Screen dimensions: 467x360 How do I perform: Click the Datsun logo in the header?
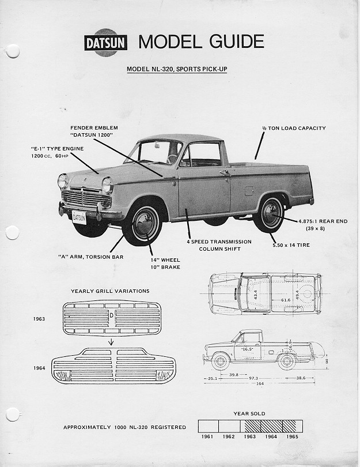106,43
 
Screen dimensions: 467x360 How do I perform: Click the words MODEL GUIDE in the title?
201,42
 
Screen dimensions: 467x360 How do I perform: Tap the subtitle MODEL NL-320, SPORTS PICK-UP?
180,70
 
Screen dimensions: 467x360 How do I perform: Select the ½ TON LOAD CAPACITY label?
294,128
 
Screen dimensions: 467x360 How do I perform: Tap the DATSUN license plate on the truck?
79,217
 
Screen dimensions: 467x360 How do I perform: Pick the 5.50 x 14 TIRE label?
292,245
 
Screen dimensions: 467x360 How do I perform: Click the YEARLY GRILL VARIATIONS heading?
110,291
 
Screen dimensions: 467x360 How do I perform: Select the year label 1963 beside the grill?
39,318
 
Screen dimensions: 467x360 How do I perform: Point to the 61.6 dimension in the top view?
286,300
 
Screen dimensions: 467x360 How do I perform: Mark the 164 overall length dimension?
260,385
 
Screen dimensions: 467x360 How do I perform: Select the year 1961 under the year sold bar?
208,436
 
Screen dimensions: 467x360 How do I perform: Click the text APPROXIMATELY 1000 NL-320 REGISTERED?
124,427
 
